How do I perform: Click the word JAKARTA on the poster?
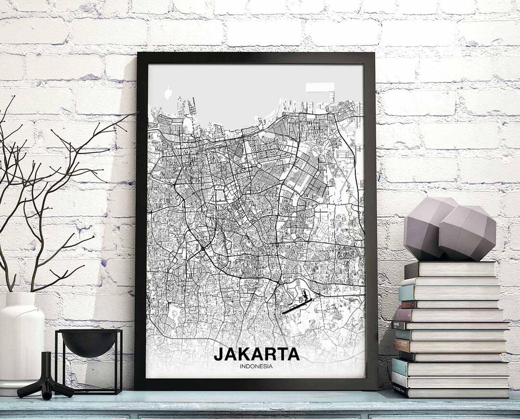coord(256,354)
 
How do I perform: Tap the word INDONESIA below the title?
coord(256,367)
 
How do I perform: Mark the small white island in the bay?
coord(168,92)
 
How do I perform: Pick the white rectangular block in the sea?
coord(320,88)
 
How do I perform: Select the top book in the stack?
coord(450,269)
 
